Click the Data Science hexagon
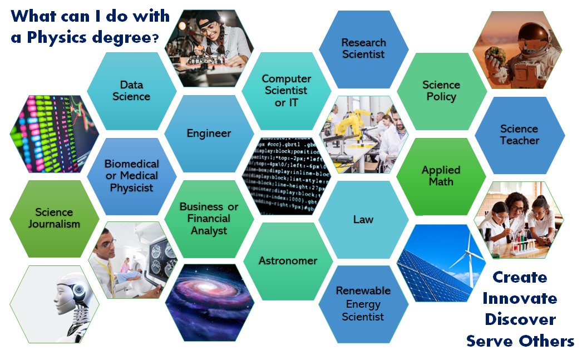coord(131,91)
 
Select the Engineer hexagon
coord(209,134)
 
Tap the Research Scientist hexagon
coord(363,48)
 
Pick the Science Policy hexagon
coord(441,91)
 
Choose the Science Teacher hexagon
coord(519,135)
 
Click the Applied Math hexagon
coord(441,176)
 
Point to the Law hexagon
coord(363,219)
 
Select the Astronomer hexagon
coord(288,260)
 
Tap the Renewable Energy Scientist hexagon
coord(363,304)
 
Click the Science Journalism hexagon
coord(54,218)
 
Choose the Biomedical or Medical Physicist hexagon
coord(131,176)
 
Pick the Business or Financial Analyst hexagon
coord(209,218)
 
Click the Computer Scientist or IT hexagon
coord(287,91)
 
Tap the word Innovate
coord(520,298)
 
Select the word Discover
coord(520,319)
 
